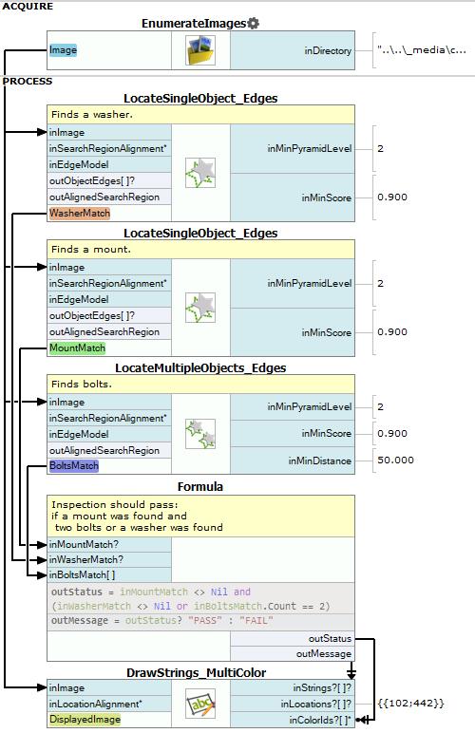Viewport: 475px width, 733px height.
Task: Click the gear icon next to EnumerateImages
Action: [253, 23]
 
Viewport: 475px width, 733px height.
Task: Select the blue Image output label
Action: [63, 50]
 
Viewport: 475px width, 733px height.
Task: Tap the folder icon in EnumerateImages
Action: [200, 50]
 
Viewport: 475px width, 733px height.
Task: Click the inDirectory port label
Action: [328, 50]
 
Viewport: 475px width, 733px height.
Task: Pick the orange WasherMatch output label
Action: [80, 214]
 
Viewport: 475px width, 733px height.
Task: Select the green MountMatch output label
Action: [78, 348]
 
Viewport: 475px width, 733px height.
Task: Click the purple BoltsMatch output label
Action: [74, 465]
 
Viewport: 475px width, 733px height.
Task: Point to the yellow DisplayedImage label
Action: [85, 720]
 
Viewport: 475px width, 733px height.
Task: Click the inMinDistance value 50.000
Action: [395, 460]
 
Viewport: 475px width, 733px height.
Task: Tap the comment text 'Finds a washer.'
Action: [92, 114]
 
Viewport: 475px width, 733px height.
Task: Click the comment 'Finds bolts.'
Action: [82, 384]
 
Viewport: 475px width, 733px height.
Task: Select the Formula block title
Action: [200, 487]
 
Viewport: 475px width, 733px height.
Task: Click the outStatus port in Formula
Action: [330, 639]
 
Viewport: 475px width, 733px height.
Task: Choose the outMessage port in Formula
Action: [324, 653]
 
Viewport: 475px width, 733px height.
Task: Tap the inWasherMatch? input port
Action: [86, 559]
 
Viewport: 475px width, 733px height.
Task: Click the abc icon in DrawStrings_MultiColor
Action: [200, 704]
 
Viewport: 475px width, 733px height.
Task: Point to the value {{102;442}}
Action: [410, 703]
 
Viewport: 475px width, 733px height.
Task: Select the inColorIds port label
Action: [320, 720]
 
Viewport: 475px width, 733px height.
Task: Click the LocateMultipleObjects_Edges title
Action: [200, 367]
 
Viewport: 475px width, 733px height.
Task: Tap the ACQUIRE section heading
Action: [28, 7]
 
